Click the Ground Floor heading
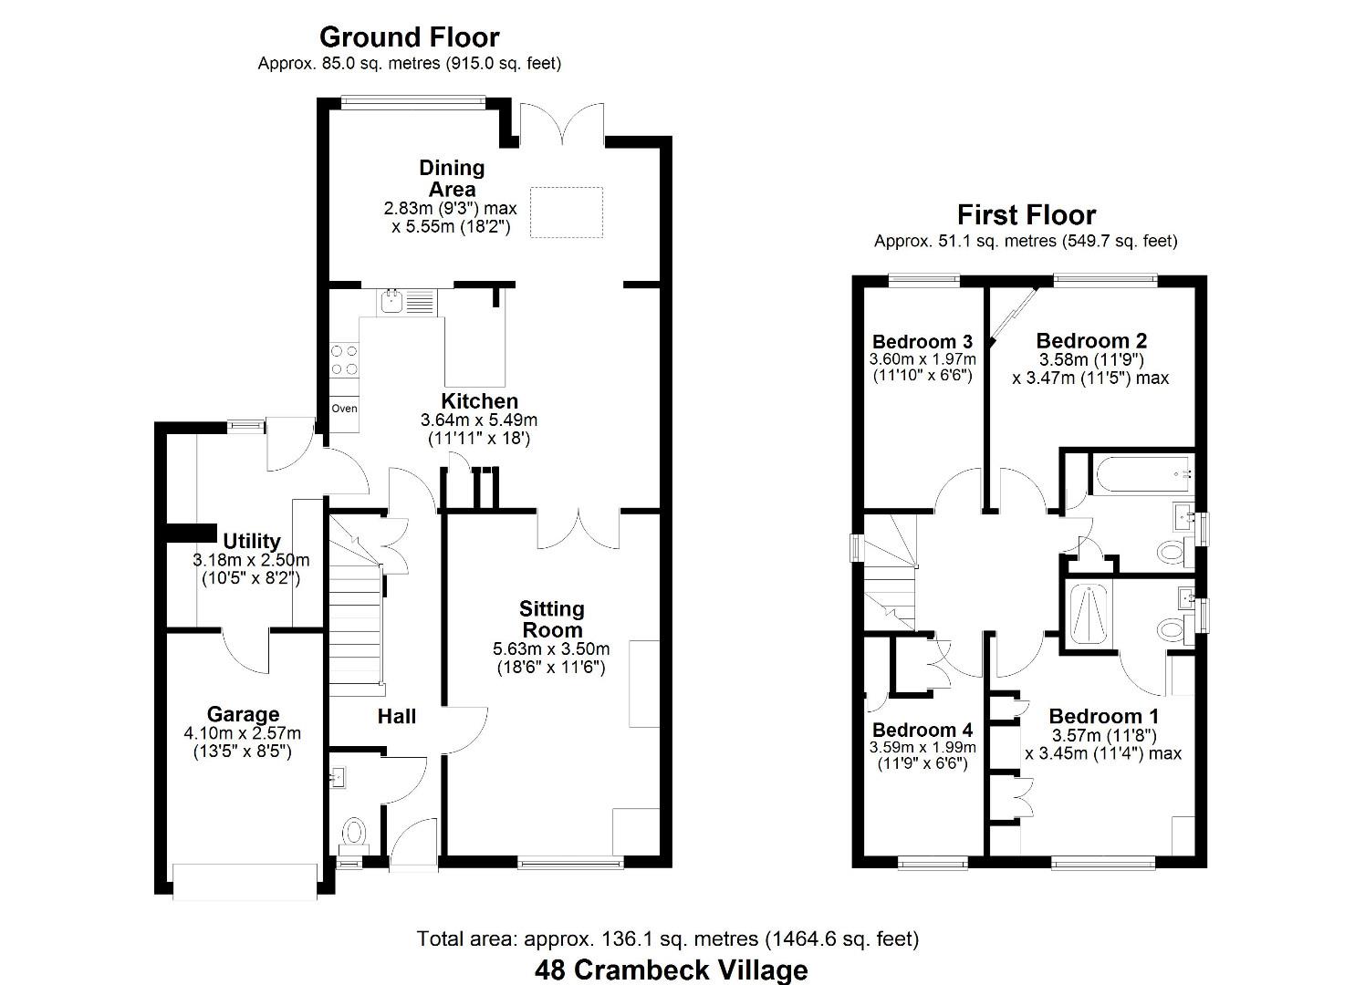coord(409,37)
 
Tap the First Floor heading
coord(1026,215)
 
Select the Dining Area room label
coord(452,178)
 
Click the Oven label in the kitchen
coord(344,409)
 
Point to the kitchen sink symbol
coord(393,301)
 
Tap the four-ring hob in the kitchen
coord(344,359)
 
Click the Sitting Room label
coord(551,619)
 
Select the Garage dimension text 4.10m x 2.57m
coord(242,733)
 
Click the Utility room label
coord(251,541)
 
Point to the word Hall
coord(397,717)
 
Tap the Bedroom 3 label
coord(922,342)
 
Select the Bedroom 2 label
coord(1091,341)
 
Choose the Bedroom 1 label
coord(1103,716)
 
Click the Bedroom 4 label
coord(922,730)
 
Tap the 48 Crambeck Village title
coord(671,969)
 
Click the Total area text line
coord(667,938)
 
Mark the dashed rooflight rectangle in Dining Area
coord(567,213)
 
